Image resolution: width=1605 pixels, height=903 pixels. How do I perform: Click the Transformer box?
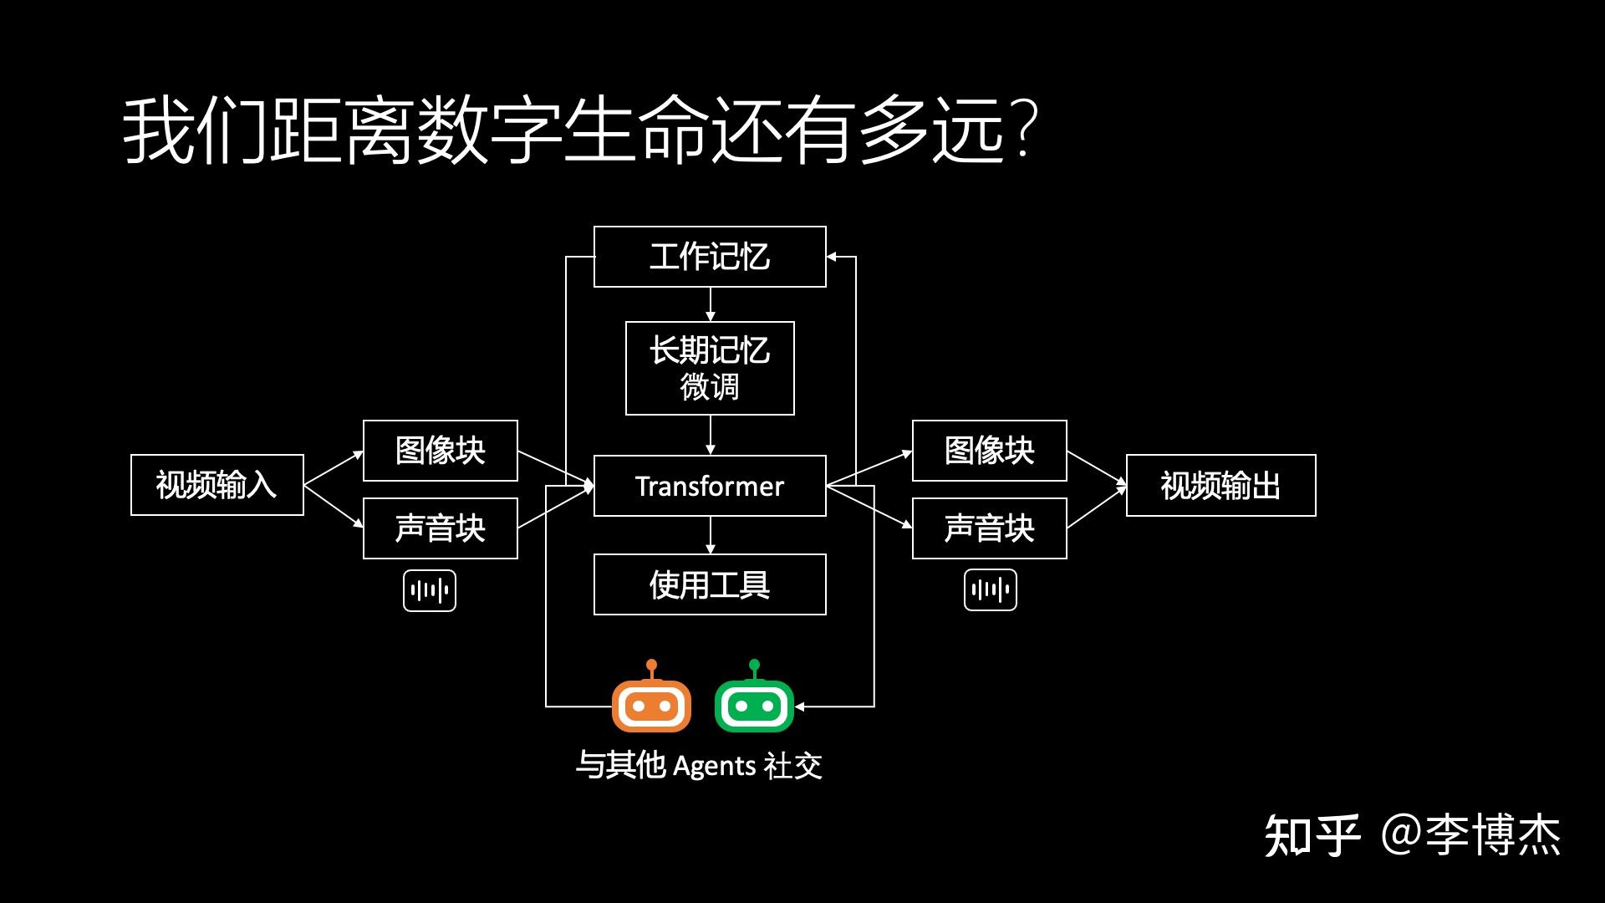pyautogui.click(x=710, y=486)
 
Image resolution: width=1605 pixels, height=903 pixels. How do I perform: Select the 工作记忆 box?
pyautogui.click(x=710, y=257)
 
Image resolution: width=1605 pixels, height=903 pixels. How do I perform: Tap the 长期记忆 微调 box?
pyautogui.click(x=710, y=368)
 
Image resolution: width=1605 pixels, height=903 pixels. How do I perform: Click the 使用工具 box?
pyautogui.click(x=710, y=584)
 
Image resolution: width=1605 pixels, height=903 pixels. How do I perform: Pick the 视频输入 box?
pyautogui.click(x=217, y=485)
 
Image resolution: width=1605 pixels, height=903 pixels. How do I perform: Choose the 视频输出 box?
pyautogui.click(x=1220, y=486)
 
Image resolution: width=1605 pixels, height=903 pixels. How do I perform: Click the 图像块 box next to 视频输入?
pyautogui.click(x=441, y=451)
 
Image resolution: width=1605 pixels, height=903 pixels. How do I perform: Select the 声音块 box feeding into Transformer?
pyautogui.click(x=441, y=528)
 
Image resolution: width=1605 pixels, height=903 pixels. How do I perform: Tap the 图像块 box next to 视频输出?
pyautogui.click(x=989, y=451)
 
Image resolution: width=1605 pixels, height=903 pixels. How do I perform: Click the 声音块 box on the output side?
pyautogui.click(x=989, y=528)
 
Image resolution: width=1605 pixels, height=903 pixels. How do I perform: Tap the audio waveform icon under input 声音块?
pyautogui.click(x=430, y=591)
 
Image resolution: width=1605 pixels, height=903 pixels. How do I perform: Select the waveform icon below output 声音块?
pyautogui.click(x=990, y=590)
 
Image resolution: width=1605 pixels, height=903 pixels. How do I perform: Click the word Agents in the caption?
pyautogui.click(x=714, y=766)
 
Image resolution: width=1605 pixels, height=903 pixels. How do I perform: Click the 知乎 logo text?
pyautogui.click(x=1311, y=835)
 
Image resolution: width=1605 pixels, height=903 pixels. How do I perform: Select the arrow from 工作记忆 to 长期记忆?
pyautogui.click(x=710, y=304)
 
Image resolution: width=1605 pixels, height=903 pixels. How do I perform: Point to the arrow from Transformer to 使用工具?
pyautogui.click(x=710, y=535)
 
